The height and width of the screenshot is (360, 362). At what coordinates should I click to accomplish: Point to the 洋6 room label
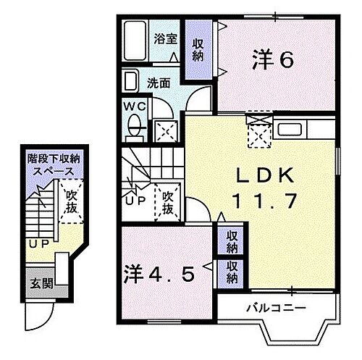tap(273, 59)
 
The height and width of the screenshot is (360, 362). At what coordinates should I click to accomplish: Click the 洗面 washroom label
tap(160, 83)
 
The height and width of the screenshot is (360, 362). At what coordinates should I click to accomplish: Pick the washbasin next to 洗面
tap(131, 80)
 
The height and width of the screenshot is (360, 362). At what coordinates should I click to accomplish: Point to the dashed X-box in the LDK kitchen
tap(258, 133)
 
